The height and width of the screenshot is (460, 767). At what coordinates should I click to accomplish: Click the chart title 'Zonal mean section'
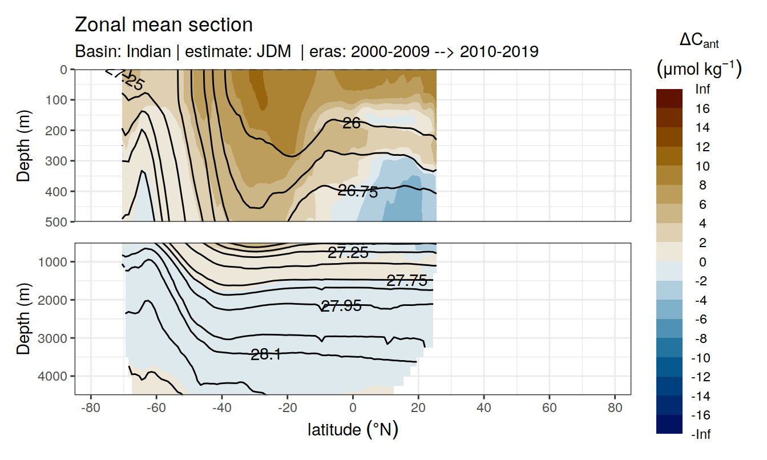(164, 25)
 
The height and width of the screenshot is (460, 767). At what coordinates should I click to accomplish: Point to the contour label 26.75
(358, 192)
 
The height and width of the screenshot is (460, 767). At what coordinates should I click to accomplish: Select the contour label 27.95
(341, 306)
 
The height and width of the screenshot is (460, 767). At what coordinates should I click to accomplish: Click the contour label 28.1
(266, 354)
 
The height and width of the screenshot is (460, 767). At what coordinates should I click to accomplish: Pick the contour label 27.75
(407, 280)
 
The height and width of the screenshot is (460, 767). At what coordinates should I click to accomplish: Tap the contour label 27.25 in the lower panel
(348, 252)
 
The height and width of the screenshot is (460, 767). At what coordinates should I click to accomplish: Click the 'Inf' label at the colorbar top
(703, 89)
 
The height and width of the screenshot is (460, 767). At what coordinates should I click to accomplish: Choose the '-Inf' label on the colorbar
(701, 434)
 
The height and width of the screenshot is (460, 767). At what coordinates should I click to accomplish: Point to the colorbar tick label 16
(703, 108)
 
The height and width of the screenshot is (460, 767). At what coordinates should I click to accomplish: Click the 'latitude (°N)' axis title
(353, 429)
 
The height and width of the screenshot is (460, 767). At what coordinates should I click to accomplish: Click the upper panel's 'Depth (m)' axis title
(23, 146)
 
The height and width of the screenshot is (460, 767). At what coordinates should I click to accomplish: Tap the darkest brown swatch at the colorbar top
(669, 98)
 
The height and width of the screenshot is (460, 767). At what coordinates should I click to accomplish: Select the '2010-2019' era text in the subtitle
(499, 52)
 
